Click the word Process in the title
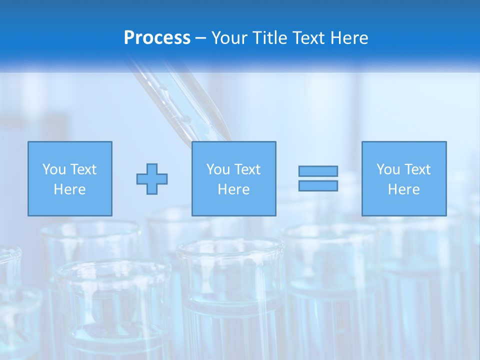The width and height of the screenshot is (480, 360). pyautogui.click(x=157, y=38)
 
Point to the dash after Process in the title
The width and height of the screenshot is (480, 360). pyautogui.click(x=200, y=38)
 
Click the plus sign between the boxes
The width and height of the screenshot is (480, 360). pyautogui.click(x=152, y=178)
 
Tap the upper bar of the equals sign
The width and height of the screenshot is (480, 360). pyautogui.click(x=318, y=171)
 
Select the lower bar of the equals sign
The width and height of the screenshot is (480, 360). pyautogui.click(x=318, y=185)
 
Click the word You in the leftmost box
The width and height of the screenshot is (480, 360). pyautogui.click(x=53, y=169)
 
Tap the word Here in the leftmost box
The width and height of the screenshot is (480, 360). pyautogui.click(x=69, y=189)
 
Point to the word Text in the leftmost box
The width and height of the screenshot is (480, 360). pyautogui.click(x=82, y=169)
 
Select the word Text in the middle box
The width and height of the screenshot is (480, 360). pyautogui.click(x=246, y=169)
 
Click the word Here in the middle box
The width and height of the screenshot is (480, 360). pyautogui.click(x=233, y=189)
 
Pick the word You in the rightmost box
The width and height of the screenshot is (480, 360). pyautogui.click(x=388, y=169)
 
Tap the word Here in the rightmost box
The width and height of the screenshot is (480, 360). pyautogui.click(x=403, y=189)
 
